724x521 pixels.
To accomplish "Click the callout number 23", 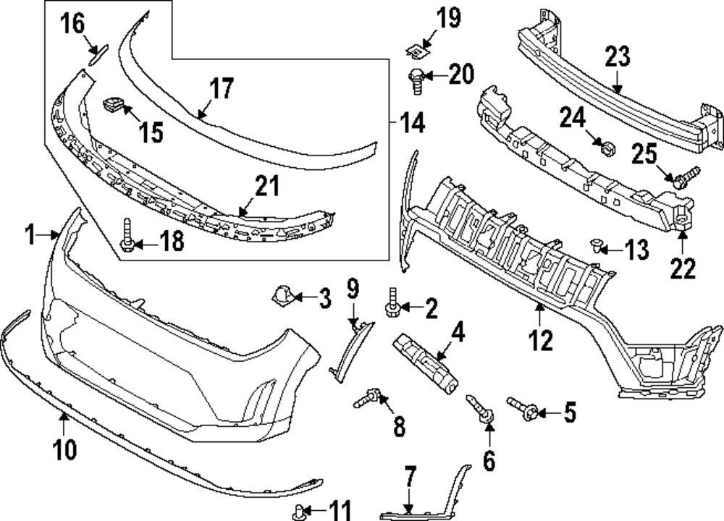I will click(x=618, y=56).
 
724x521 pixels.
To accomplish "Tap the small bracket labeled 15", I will click(x=111, y=106).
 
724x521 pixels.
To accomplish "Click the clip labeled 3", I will click(x=282, y=295).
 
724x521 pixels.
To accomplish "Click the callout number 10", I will click(x=64, y=449).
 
